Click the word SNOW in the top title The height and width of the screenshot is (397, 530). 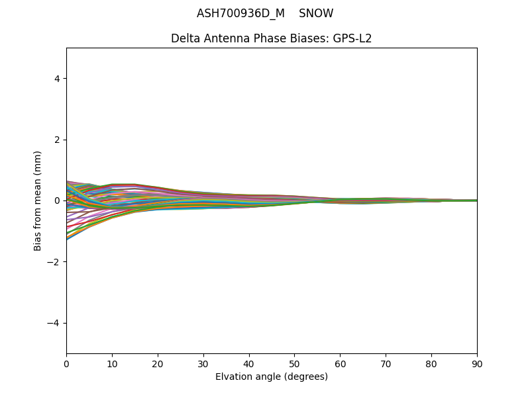[x=316, y=13]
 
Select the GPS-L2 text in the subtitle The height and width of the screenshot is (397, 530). [x=352, y=38]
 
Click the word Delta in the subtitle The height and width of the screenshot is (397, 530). [x=185, y=38]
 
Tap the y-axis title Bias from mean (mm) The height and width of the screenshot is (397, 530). [x=38, y=200]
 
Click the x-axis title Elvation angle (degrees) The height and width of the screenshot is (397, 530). [x=272, y=377]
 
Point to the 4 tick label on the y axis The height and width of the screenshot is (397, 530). [x=57, y=79]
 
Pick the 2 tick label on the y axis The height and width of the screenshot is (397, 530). [x=57, y=140]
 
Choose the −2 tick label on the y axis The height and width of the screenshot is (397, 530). [x=54, y=262]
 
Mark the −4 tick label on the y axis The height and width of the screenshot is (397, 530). [x=54, y=323]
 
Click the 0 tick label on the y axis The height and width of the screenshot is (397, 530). [x=57, y=200]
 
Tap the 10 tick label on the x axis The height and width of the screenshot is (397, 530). [x=112, y=363]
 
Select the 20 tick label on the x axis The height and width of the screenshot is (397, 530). [x=158, y=363]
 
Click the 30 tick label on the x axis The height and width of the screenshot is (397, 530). [x=203, y=363]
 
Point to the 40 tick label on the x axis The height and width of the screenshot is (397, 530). [x=249, y=363]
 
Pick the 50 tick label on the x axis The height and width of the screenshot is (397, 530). [x=294, y=363]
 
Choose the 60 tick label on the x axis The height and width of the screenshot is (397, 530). [x=340, y=363]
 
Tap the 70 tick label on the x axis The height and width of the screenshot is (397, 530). [x=386, y=363]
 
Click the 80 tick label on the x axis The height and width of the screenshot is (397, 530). [x=431, y=363]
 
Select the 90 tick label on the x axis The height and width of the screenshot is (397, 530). [x=477, y=363]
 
